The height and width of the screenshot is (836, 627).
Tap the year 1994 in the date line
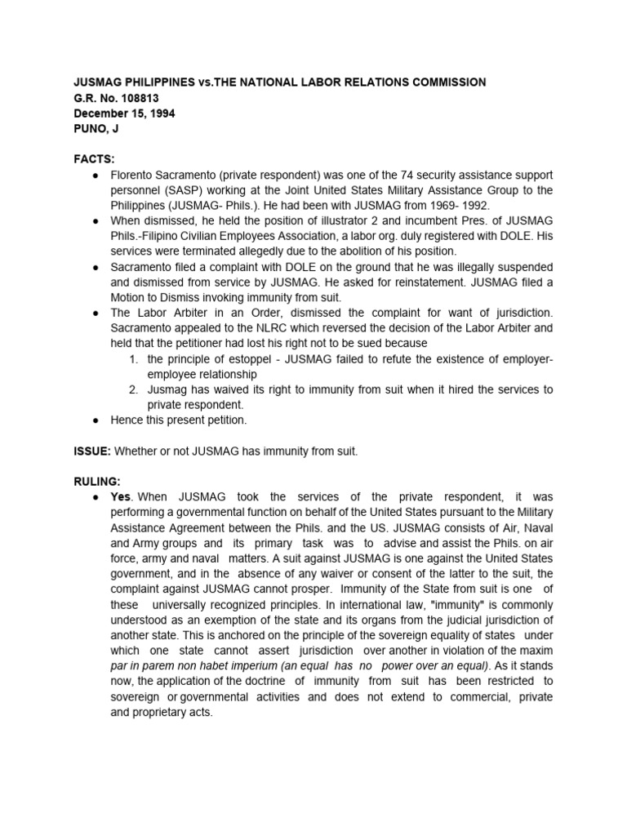point(160,113)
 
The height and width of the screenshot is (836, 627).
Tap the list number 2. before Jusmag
point(135,390)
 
